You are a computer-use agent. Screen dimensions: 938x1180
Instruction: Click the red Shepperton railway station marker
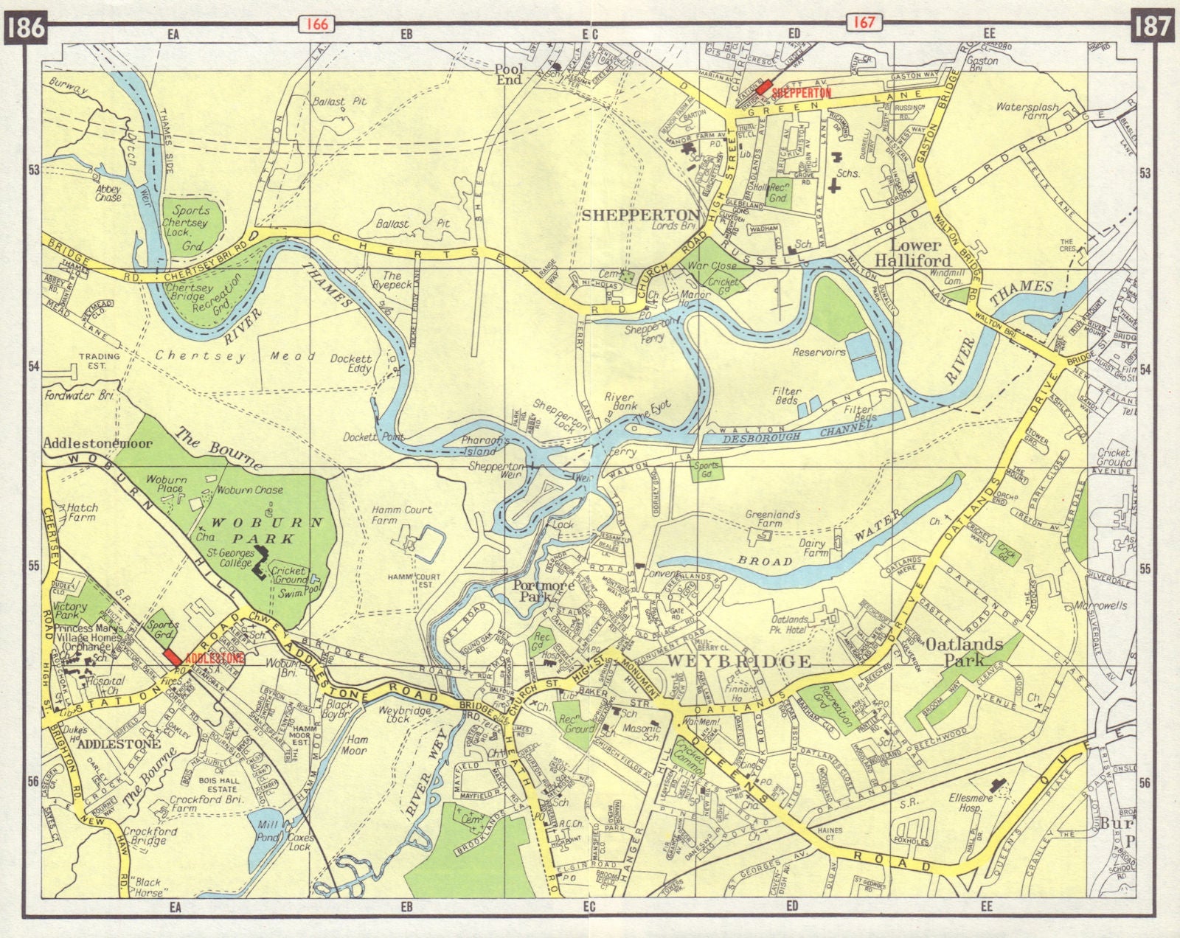(x=763, y=86)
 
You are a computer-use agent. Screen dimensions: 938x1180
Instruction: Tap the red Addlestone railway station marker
(x=172, y=656)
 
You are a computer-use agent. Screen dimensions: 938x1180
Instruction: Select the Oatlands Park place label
(x=974, y=652)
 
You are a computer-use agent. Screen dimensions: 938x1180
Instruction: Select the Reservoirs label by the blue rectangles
(x=819, y=352)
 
